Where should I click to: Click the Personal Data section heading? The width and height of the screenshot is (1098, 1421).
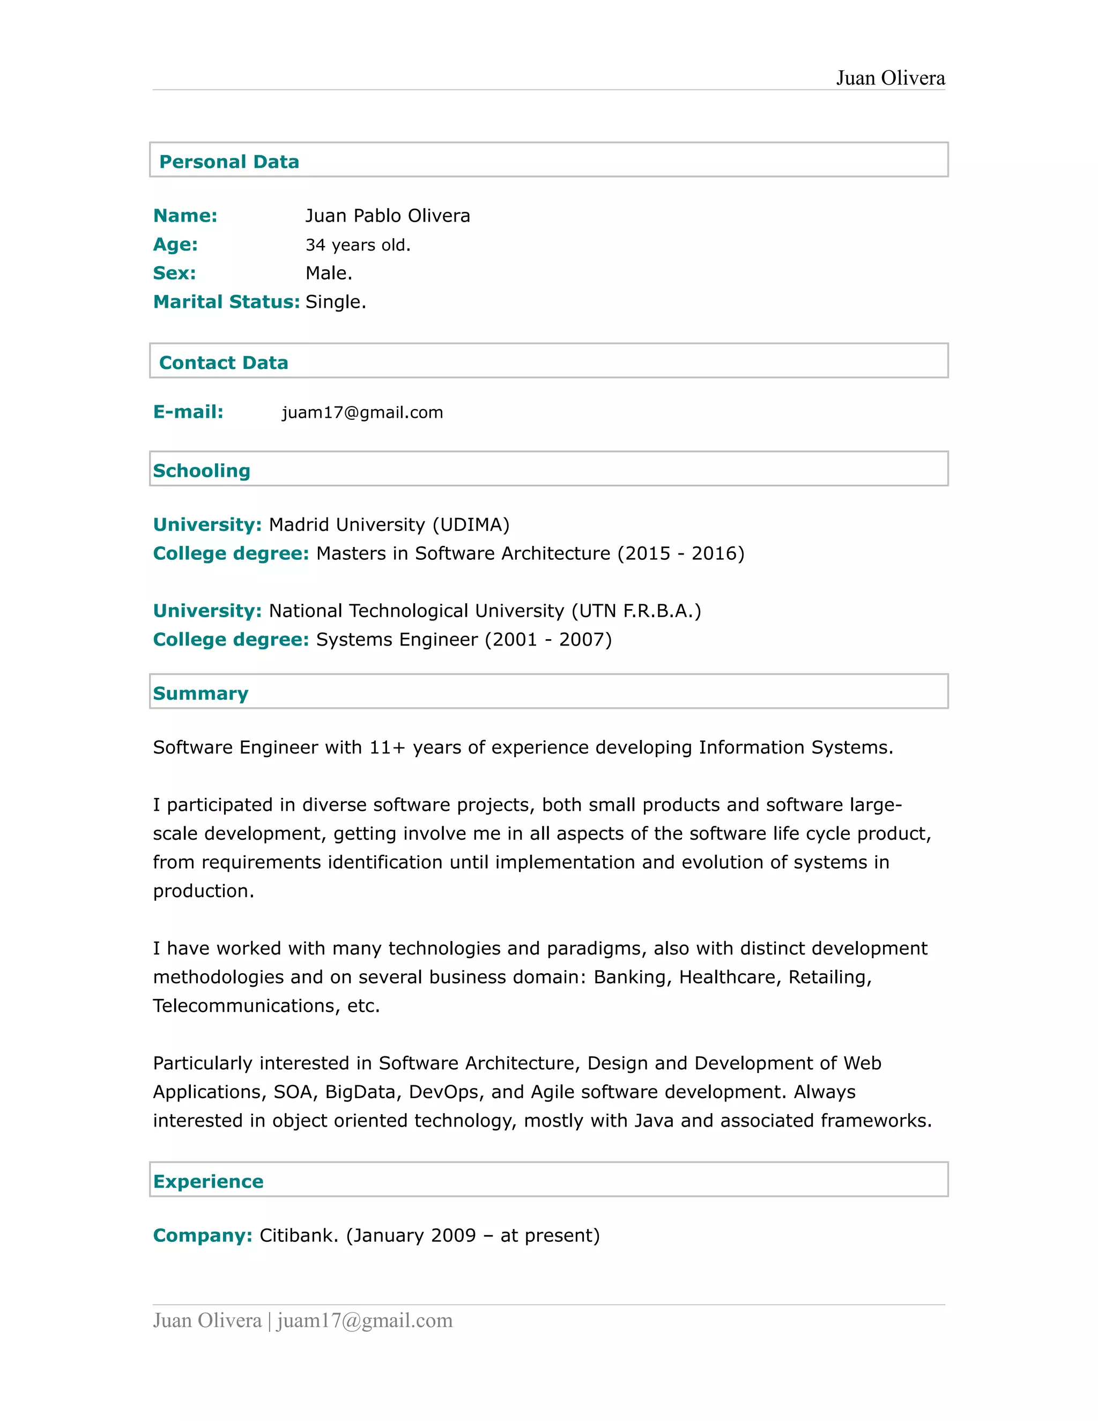(229, 161)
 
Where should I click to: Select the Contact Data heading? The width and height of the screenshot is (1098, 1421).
(223, 362)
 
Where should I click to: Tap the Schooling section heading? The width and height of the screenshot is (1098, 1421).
(202, 470)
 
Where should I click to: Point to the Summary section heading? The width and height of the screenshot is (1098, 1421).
(201, 693)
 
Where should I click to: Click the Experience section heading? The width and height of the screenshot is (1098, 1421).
(208, 1181)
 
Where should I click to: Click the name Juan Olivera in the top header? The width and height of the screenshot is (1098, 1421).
(890, 78)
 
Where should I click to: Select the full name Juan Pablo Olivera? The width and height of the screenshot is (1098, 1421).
(388, 216)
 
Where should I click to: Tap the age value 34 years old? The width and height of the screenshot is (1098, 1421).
(358, 245)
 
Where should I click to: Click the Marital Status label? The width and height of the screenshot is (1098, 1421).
(226, 302)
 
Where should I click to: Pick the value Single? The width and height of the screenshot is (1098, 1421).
(336, 302)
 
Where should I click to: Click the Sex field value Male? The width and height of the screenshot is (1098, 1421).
(329, 273)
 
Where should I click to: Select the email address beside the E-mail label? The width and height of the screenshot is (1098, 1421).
(362, 412)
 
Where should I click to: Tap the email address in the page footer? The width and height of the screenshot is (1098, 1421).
(364, 1320)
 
